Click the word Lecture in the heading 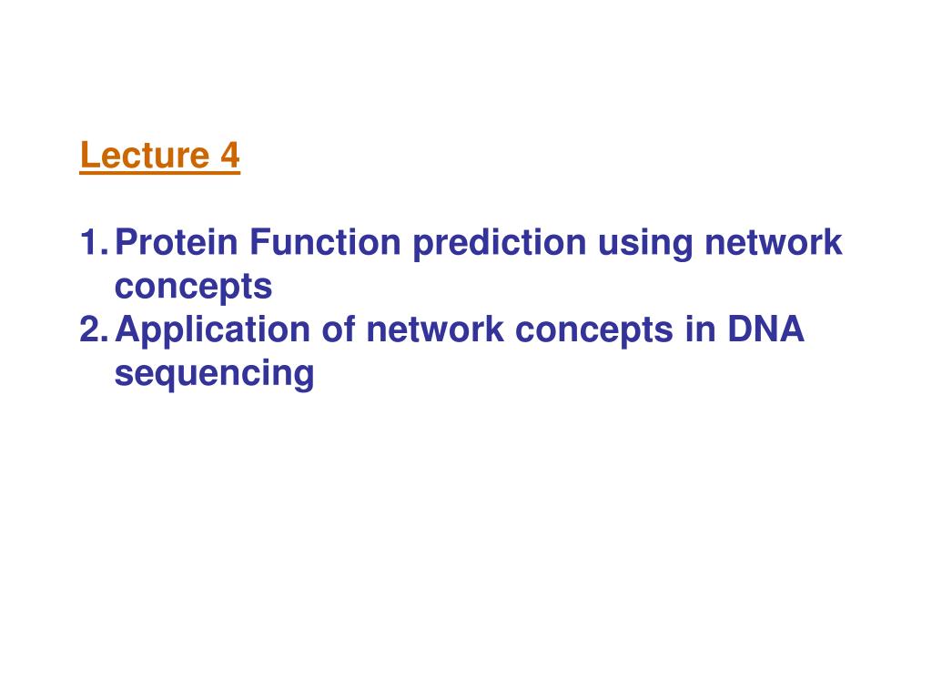(145, 155)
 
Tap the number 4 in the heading (230, 155)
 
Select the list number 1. (94, 242)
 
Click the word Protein (176, 242)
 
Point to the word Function (326, 242)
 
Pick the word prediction (500, 244)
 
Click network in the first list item (774, 242)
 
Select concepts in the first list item (193, 288)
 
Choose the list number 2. (94, 329)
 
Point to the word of (339, 329)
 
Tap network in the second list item (435, 329)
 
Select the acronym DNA (765, 329)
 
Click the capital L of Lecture (88, 155)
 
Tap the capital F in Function (259, 242)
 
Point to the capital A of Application (128, 329)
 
